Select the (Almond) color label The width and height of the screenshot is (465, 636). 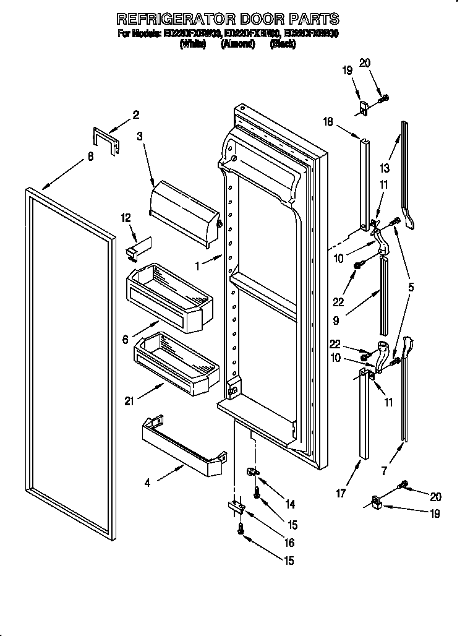(238, 45)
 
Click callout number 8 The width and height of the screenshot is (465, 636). (90, 157)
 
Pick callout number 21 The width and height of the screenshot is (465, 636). (129, 401)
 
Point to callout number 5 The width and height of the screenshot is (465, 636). (411, 287)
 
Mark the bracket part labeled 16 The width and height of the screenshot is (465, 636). (237, 507)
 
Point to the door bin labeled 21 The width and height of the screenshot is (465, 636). (176, 359)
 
